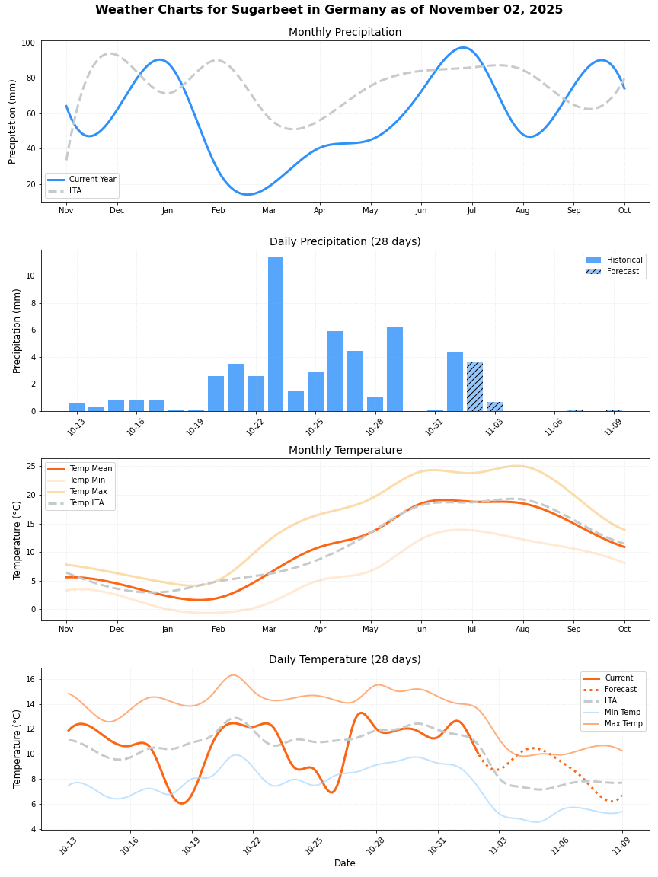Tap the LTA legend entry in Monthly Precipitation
pos(75,190)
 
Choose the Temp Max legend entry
pos(88,492)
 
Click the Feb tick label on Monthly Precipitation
pos(219,210)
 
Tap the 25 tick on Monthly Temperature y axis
pos(31,466)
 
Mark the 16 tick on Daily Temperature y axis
pos(31,679)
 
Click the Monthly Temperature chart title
pos(345,451)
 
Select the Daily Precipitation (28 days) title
pos(345,242)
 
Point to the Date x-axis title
pos(345,863)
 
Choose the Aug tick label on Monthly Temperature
pos(522,630)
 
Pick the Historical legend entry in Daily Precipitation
pos(624,260)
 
